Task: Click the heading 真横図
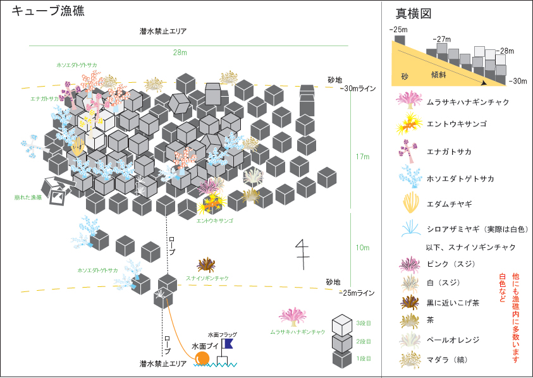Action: click(x=414, y=13)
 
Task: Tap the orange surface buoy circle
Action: click(x=202, y=358)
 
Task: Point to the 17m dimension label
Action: click(x=363, y=157)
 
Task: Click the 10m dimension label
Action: click(x=363, y=247)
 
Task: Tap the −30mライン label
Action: click(x=358, y=88)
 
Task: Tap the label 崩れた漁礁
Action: click(x=28, y=197)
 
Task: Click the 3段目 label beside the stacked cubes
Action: click(x=364, y=323)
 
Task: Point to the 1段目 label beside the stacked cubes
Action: click(x=364, y=358)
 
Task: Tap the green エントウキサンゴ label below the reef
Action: click(x=214, y=221)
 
